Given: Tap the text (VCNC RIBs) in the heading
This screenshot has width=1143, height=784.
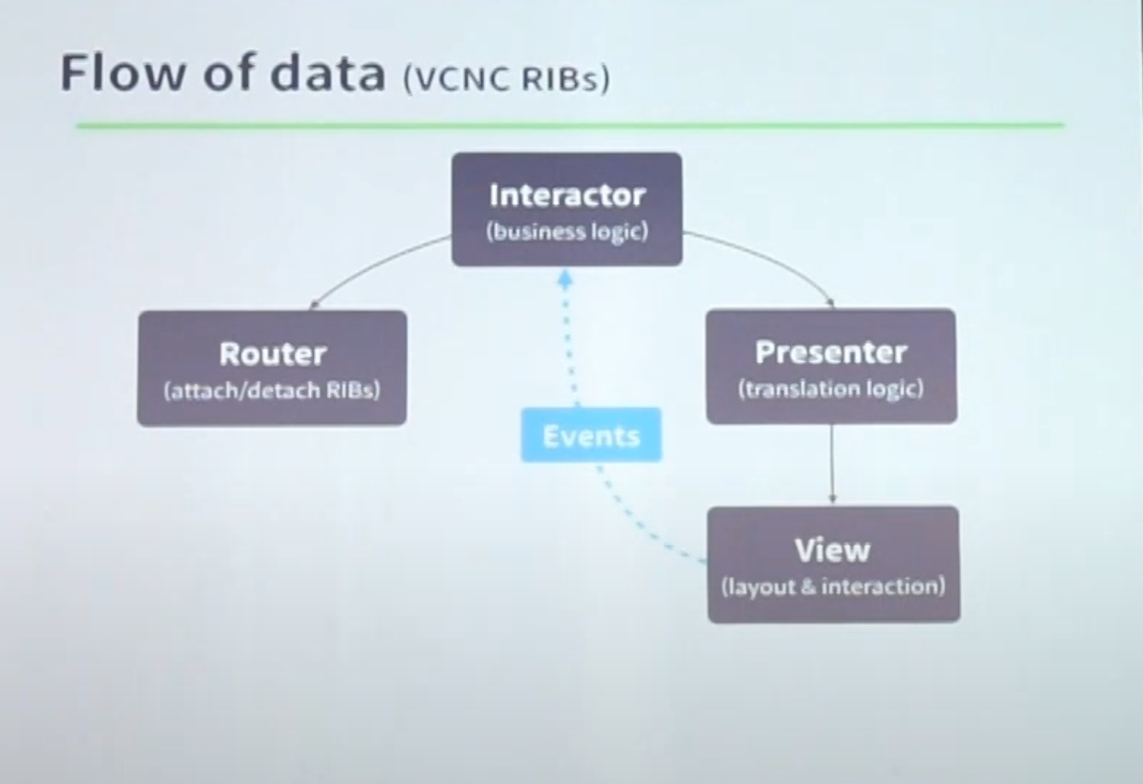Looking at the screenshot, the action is tap(507, 79).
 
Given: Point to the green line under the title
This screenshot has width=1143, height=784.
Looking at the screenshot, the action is tap(571, 125).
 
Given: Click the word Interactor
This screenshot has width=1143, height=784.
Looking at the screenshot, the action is tap(567, 196).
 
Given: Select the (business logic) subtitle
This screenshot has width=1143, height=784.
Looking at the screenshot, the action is tap(567, 232).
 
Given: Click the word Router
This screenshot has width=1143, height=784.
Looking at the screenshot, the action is tap(273, 354).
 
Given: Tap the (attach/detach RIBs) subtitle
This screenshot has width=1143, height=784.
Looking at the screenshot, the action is tap(272, 391).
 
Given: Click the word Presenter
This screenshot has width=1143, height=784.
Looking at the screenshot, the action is tap(831, 352).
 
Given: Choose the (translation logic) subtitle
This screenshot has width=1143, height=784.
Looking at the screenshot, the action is tap(831, 389).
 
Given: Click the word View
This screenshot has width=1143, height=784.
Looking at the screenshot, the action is tap(833, 550).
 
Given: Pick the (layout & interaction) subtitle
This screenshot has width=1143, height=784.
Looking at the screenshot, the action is tap(833, 586).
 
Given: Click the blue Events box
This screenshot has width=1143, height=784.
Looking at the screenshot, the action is tap(591, 435).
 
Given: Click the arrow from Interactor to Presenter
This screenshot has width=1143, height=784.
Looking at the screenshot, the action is tap(771, 258).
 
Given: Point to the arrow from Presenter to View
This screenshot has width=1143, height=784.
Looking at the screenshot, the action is tap(832, 465).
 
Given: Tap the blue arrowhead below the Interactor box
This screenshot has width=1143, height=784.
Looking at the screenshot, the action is tap(565, 280).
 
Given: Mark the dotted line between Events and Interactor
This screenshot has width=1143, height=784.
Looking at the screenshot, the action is tap(570, 348).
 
